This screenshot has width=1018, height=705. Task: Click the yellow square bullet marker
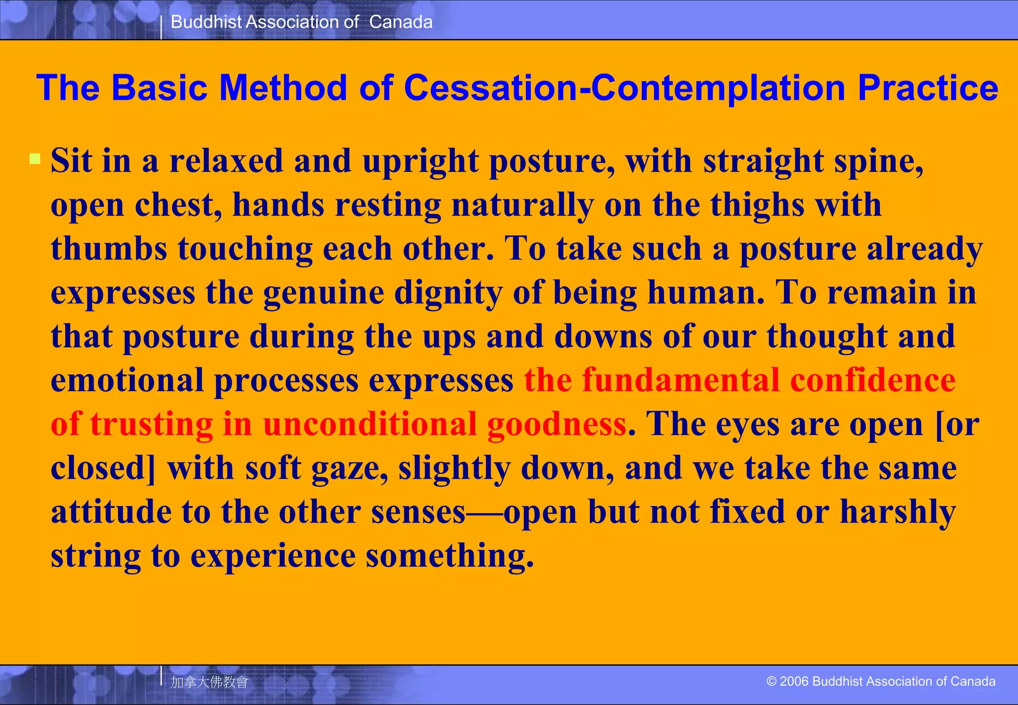pos(35,159)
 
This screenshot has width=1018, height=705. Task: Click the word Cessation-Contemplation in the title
pos(624,88)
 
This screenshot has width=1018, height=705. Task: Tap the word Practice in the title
pos(928,88)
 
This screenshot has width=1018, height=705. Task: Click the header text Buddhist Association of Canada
pos(301,22)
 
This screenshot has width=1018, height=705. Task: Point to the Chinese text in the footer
pos(209,682)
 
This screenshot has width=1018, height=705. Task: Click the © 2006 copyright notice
pos(881,681)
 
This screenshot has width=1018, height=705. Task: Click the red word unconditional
pos(369,424)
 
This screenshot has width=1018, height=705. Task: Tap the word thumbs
pos(109,249)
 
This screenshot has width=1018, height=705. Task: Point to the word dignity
pos(448,293)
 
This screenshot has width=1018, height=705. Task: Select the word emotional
pos(127,380)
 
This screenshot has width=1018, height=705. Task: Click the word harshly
pos(897,512)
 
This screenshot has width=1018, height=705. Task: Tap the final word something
pos(449,556)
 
